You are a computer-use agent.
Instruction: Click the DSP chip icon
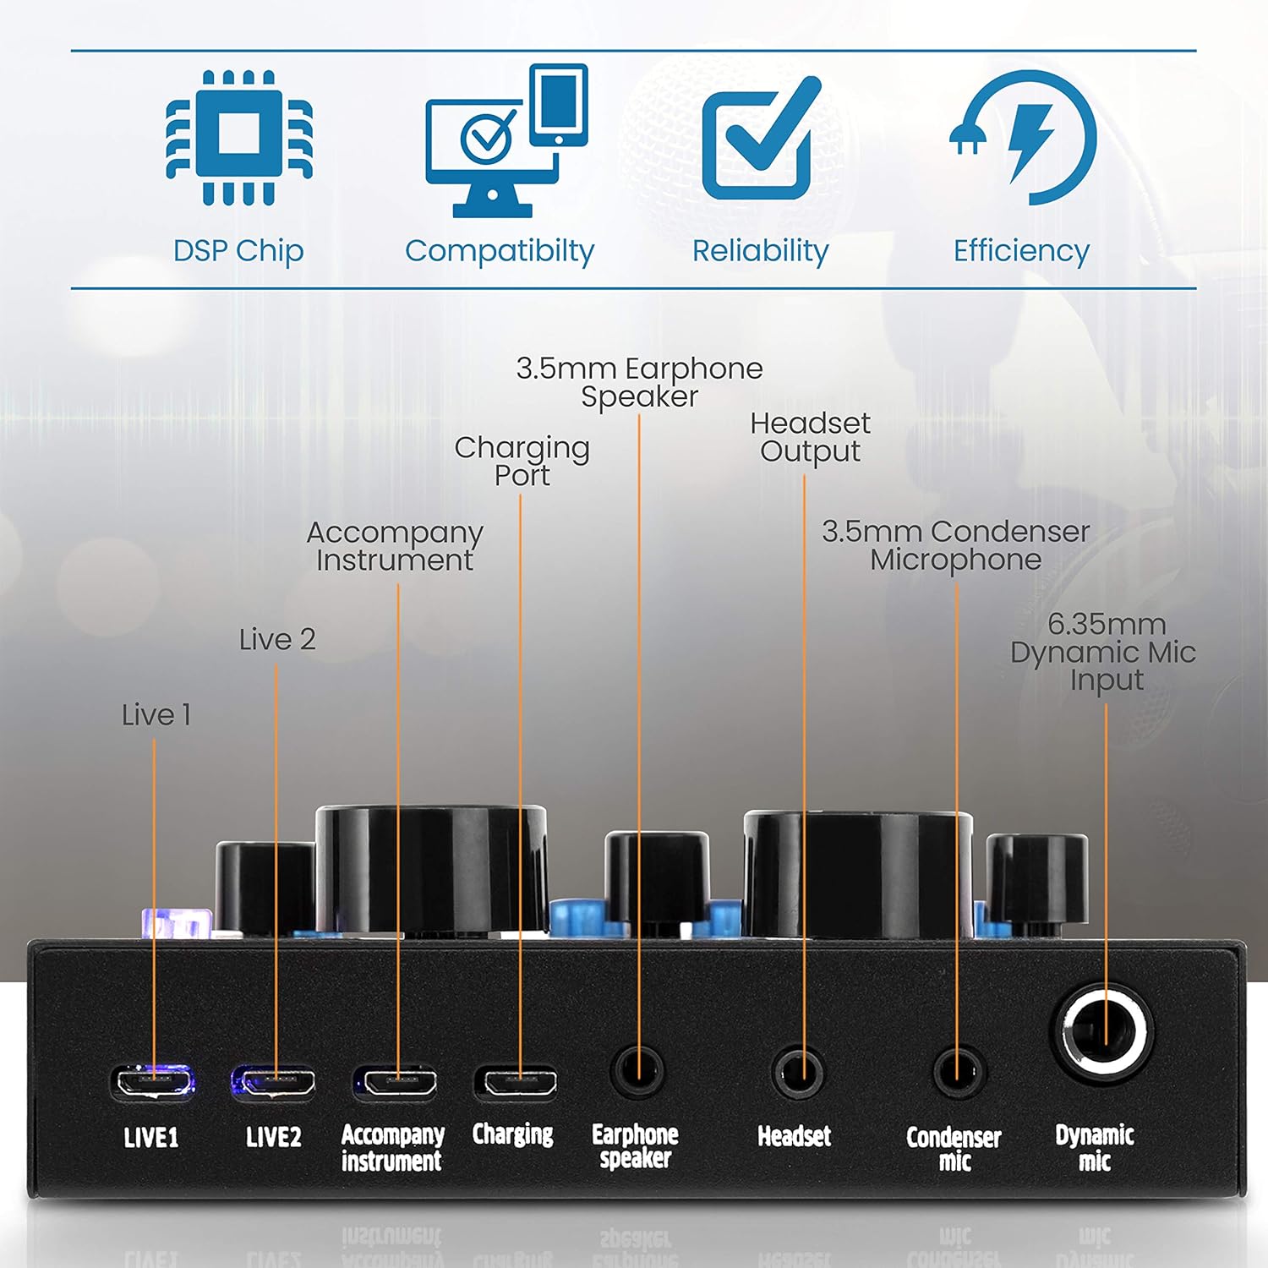click(x=238, y=137)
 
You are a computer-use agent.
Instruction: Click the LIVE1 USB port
click(x=153, y=1081)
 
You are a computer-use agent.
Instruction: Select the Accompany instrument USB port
click(x=396, y=1081)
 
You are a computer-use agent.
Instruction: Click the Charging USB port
click(x=516, y=1081)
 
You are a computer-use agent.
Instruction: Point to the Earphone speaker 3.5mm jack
click(x=637, y=1072)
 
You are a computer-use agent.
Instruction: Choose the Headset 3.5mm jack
click(x=798, y=1072)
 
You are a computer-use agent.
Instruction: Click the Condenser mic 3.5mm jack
click(x=959, y=1072)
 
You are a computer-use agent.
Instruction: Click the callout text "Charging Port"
click(x=522, y=462)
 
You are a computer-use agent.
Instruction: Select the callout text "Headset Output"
click(x=810, y=437)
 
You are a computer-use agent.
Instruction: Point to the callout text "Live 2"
click(x=277, y=639)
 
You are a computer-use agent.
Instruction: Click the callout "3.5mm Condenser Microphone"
click(x=955, y=545)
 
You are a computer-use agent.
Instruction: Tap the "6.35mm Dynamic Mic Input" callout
click(x=1104, y=652)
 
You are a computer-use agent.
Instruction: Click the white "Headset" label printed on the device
click(x=794, y=1136)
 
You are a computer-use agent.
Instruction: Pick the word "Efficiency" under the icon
click(x=1021, y=251)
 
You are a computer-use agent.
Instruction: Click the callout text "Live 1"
click(x=156, y=715)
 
